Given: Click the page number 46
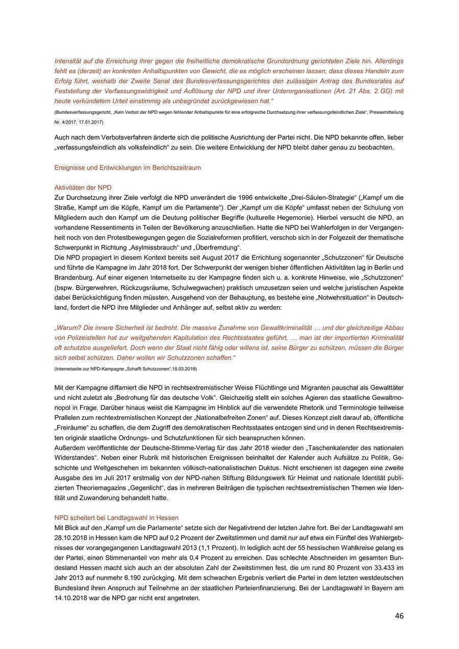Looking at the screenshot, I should [x=399, y=616].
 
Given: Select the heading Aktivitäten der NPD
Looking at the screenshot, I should [x=83, y=187].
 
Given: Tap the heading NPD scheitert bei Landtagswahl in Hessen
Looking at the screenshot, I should [x=116, y=517].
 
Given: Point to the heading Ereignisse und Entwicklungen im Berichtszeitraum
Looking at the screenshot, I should [x=127, y=167].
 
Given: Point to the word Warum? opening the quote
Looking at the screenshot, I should [x=68, y=328].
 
